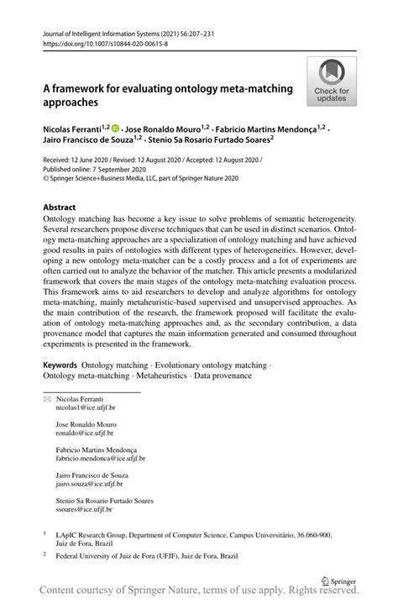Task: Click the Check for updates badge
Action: [332, 81]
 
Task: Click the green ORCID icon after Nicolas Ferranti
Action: [116, 129]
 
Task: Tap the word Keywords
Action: [60, 365]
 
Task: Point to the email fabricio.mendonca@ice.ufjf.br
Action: [101, 459]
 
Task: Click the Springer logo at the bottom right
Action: [339, 580]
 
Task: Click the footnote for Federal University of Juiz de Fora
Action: [160, 555]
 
